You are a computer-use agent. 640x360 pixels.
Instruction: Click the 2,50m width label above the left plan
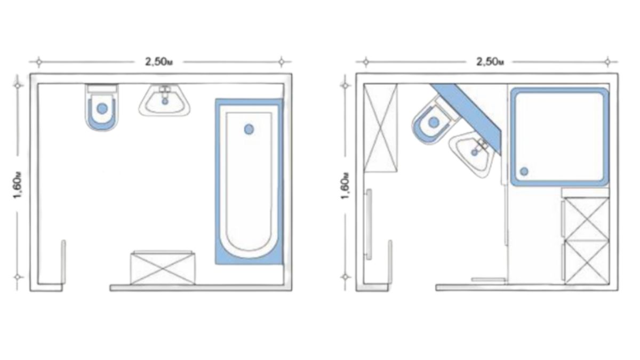(x=159, y=62)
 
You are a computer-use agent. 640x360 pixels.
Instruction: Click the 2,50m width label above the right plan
(x=490, y=62)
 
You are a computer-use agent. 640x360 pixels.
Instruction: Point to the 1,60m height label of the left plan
(x=18, y=185)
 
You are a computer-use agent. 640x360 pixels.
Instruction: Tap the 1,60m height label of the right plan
(x=345, y=186)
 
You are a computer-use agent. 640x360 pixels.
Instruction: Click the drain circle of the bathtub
(x=249, y=129)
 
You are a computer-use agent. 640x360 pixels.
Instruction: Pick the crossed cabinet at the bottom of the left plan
(x=163, y=268)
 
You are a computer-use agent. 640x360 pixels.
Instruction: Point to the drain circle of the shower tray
(x=524, y=171)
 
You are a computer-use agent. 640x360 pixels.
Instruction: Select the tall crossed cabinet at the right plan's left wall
(x=381, y=127)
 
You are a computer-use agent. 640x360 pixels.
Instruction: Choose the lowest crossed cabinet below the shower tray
(x=587, y=263)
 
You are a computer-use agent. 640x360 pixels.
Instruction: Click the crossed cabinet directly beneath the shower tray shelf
(x=587, y=219)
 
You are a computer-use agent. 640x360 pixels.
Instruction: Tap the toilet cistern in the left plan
(x=102, y=89)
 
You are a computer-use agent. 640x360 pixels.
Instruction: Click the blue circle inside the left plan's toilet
(x=102, y=109)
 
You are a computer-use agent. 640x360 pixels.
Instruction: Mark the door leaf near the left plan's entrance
(x=63, y=262)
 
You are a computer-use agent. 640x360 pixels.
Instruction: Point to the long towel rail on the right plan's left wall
(x=369, y=225)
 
